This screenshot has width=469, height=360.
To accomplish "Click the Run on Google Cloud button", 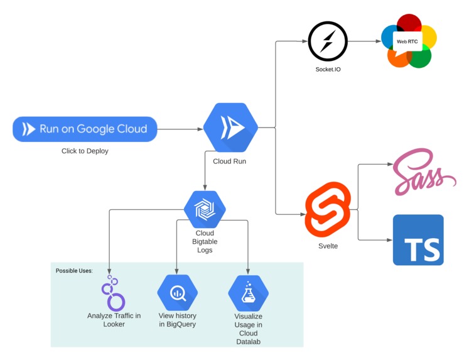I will (85, 129).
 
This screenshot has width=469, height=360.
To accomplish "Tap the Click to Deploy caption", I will (85, 151).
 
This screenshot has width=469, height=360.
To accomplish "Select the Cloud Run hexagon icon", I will (230, 128).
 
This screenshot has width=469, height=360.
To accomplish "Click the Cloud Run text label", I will (230, 160).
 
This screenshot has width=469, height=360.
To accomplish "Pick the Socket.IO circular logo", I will (328, 41).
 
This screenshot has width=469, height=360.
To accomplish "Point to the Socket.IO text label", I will (328, 69).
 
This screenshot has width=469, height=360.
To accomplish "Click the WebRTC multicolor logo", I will (408, 41).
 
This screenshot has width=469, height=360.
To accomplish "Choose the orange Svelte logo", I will (327, 208).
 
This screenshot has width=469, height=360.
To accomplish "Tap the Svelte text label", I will (328, 246).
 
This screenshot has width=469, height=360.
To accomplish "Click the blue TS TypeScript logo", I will (418, 240).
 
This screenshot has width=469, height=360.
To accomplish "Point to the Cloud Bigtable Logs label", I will (205, 241).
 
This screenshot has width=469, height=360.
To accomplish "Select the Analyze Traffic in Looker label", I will (114, 320).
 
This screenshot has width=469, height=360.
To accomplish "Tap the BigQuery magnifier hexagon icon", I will (177, 292).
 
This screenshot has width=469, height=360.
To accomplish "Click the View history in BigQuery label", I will (177, 320).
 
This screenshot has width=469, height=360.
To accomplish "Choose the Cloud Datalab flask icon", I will (248, 292).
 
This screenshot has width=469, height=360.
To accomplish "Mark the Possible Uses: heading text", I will (74, 271).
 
